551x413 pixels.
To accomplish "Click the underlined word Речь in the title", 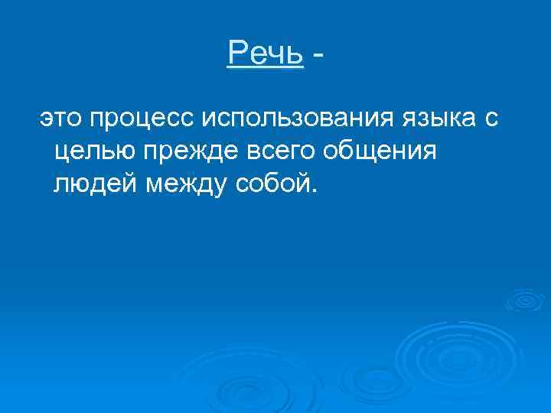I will (266, 53).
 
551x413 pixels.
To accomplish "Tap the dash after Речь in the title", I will (318, 55).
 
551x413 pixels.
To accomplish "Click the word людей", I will (95, 183).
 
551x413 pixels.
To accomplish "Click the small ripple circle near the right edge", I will (525, 300).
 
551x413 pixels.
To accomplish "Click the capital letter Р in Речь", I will (236, 53).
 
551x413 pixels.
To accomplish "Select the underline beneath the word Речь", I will (266, 68).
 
